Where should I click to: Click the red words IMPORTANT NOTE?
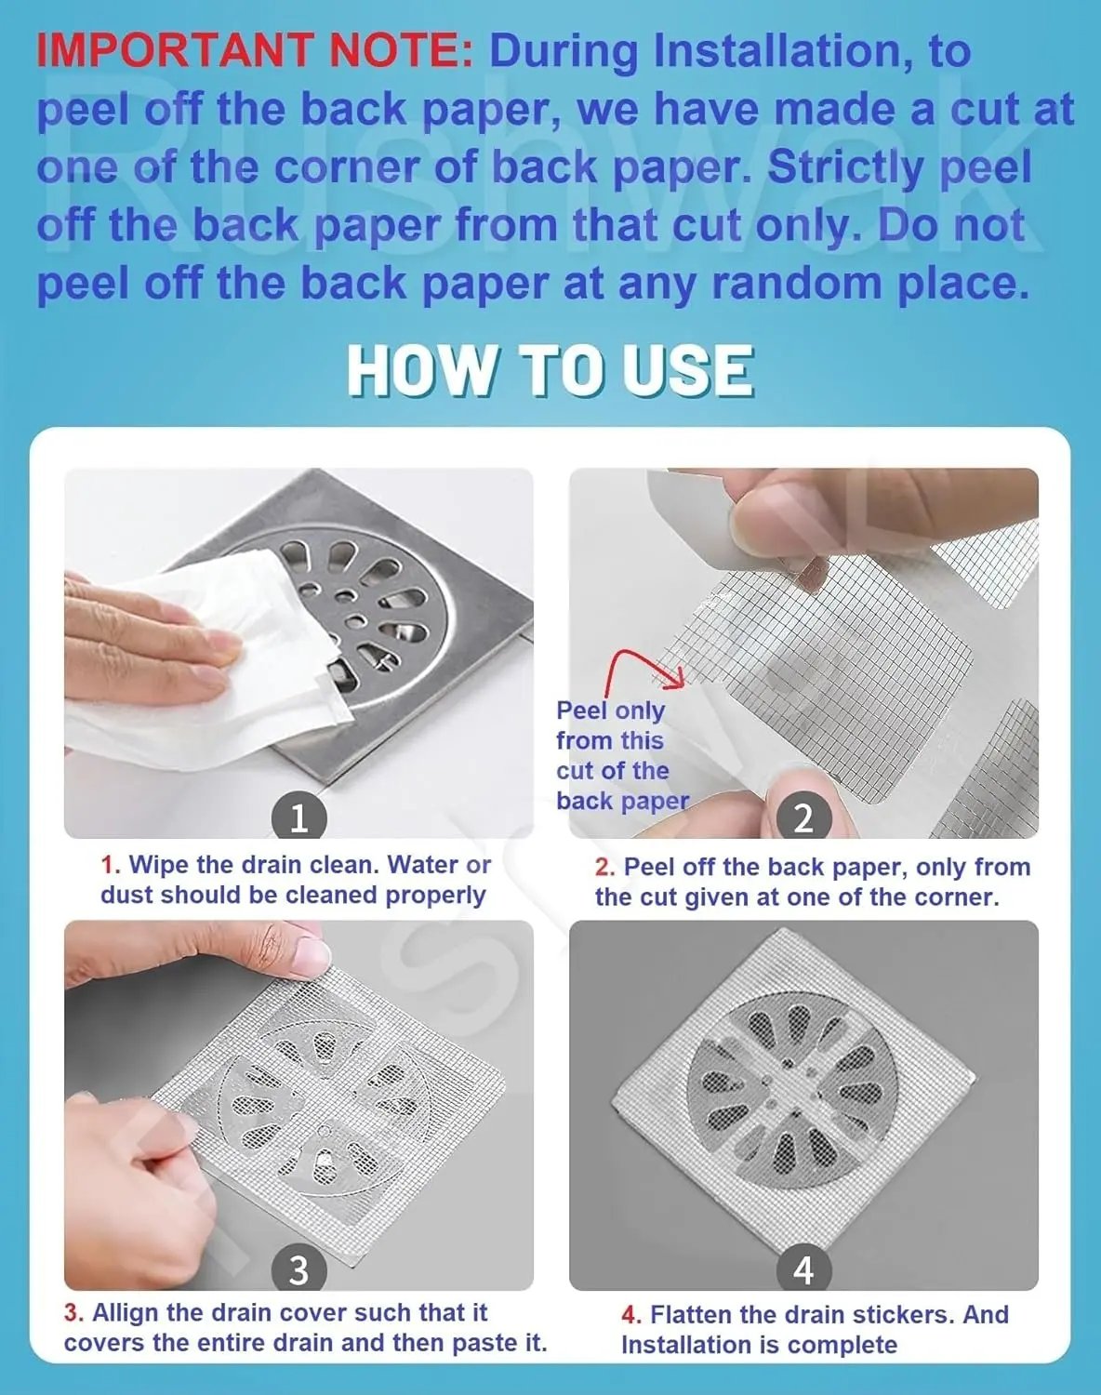click(254, 51)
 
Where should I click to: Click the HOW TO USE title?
click(550, 370)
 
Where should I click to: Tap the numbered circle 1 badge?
click(298, 817)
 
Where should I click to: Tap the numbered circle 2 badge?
click(803, 817)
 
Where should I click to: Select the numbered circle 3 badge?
click(298, 1269)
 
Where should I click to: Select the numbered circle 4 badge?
click(803, 1269)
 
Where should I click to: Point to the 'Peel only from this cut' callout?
click(621, 755)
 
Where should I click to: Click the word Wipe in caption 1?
click(161, 865)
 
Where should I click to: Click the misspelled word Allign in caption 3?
click(126, 1313)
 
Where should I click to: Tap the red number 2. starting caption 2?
click(605, 868)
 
